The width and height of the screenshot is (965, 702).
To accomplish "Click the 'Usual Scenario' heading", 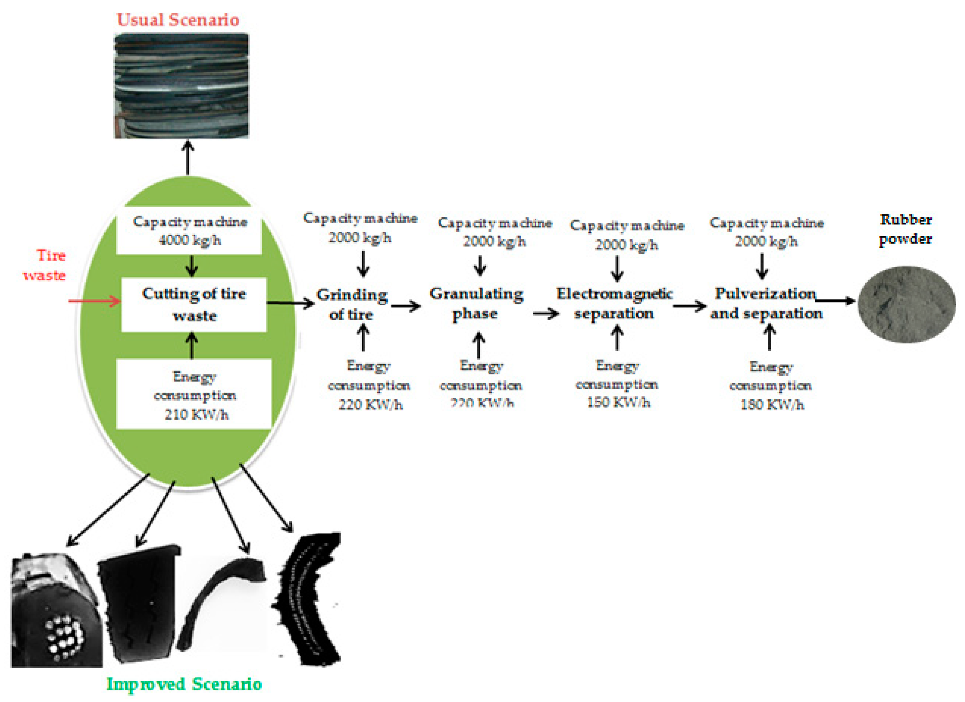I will click(x=178, y=20).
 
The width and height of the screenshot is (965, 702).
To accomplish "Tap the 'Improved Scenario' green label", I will click(x=184, y=684).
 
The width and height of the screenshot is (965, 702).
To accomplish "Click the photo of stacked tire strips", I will click(x=181, y=86).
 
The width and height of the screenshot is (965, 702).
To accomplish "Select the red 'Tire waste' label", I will click(x=45, y=265).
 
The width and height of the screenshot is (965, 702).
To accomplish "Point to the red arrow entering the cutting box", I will click(x=95, y=301).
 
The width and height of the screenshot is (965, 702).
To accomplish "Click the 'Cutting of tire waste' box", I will click(x=194, y=305).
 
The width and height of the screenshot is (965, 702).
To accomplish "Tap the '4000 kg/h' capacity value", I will click(x=190, y=240).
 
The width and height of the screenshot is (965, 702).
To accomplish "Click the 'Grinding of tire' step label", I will click(x=352, y=305).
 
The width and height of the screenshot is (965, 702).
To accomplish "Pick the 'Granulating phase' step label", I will click(x=476, y=303).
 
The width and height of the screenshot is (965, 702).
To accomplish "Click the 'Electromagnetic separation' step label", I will click(x=614, y=303).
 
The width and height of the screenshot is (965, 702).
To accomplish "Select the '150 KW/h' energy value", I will click(x=618, y=402).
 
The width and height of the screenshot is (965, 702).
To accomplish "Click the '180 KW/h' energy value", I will click(x=772, y=404).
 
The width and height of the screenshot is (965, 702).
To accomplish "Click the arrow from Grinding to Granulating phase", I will click(x=405, y=306).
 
